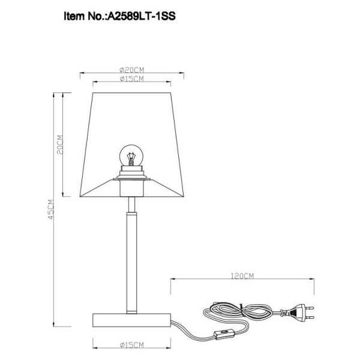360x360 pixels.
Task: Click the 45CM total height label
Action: [x=50, y=209]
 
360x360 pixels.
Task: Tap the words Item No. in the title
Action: [x=83, y=17]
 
